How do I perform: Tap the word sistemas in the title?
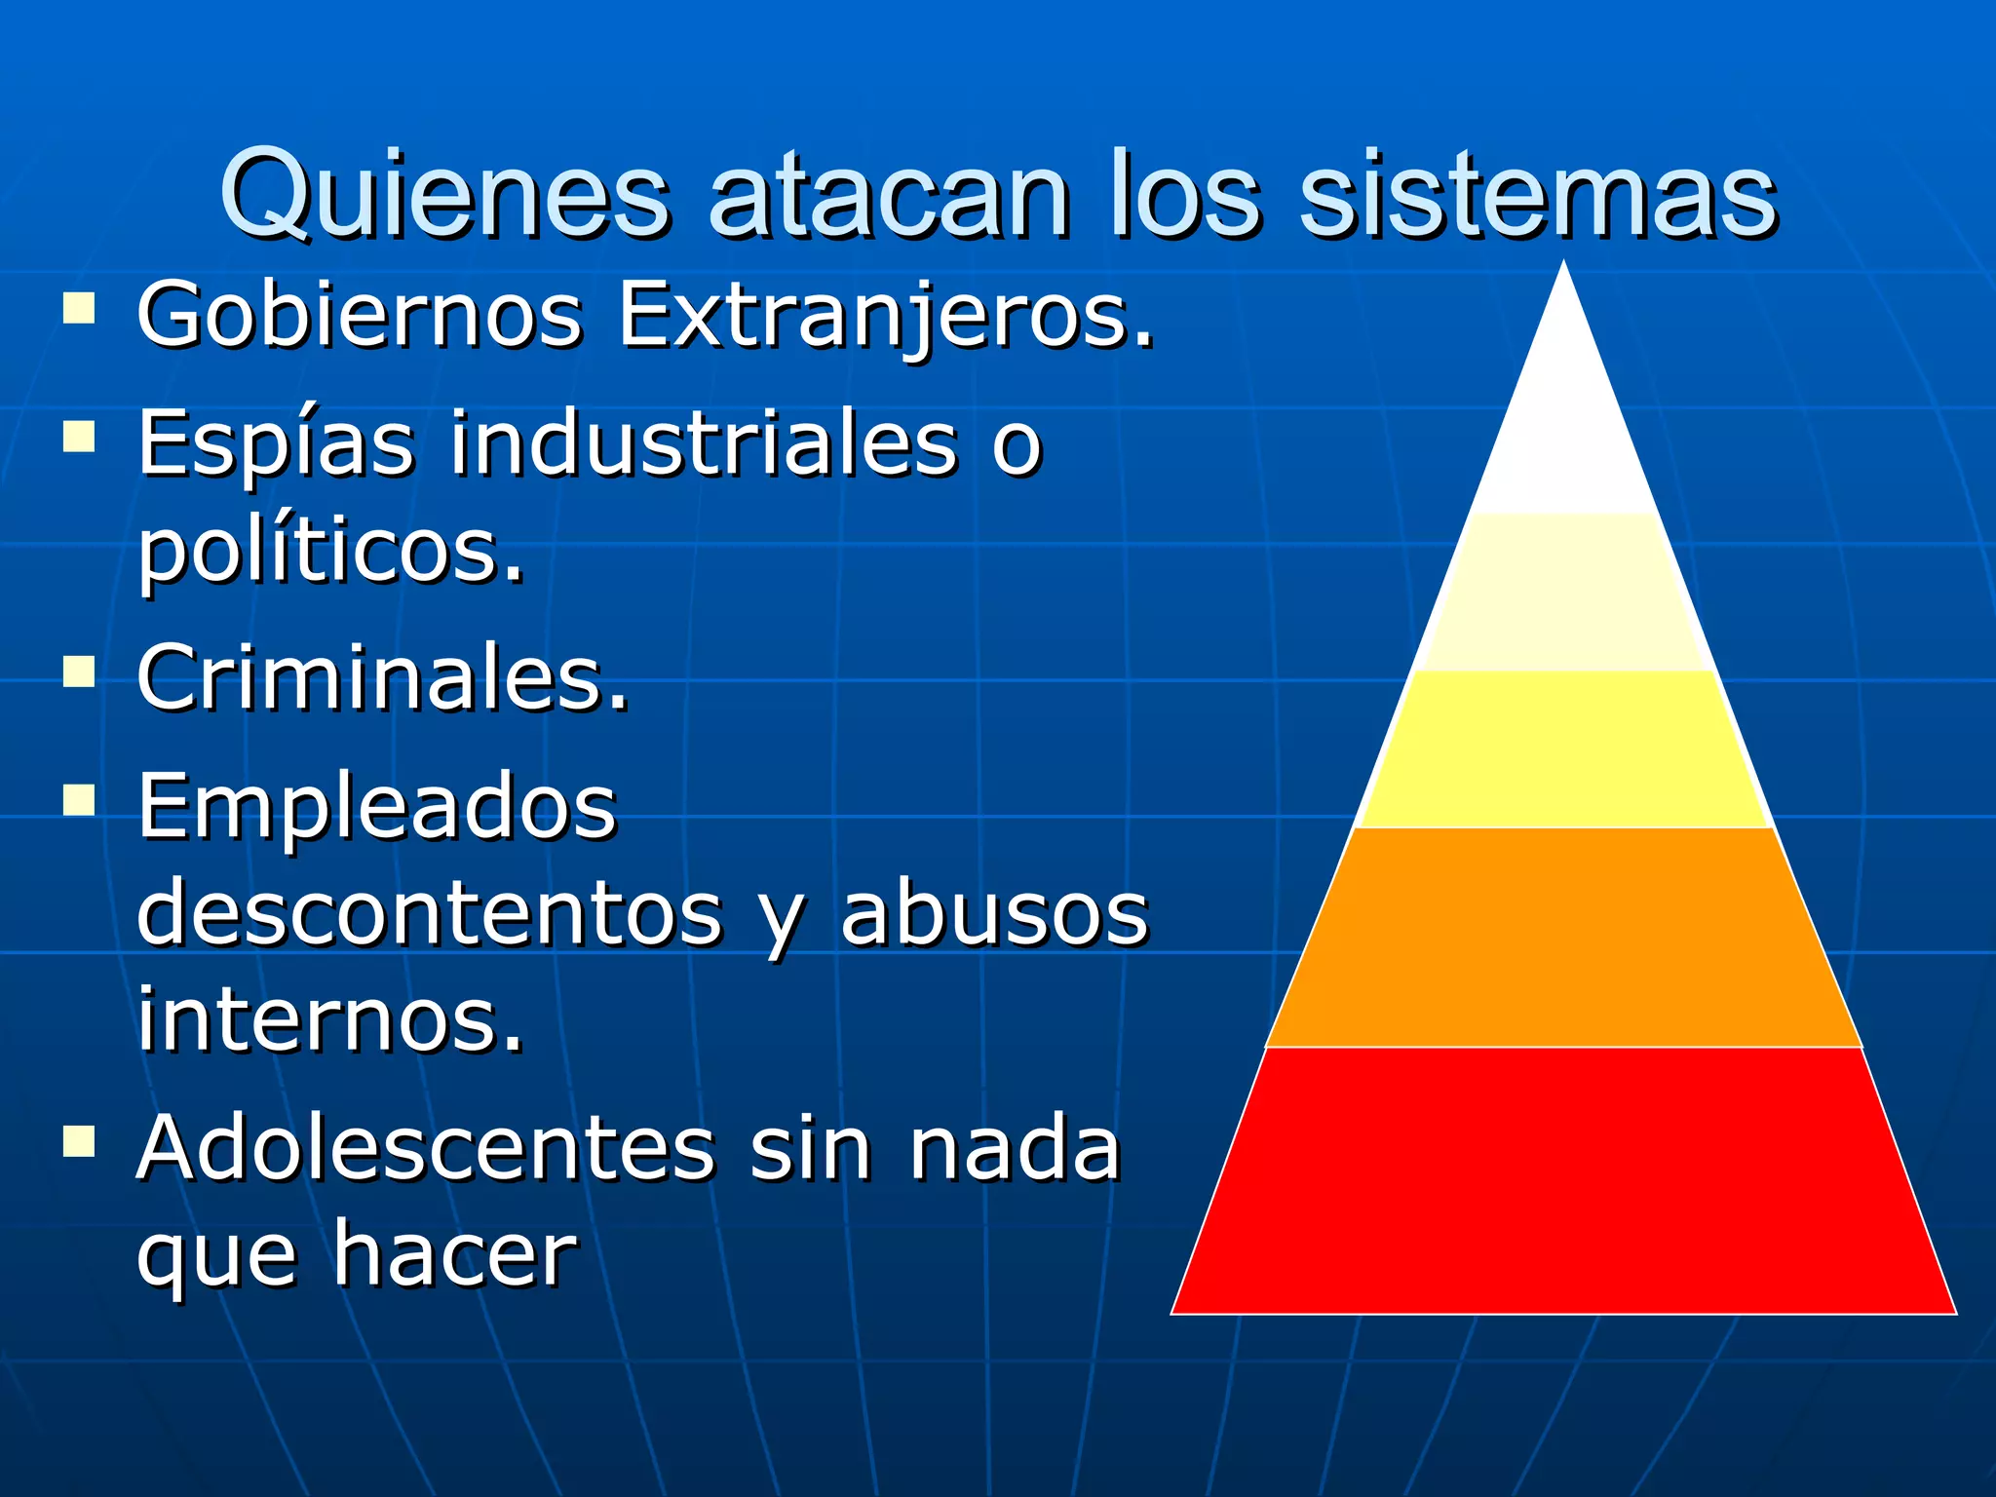pyautogui.click(x=1539, y=194)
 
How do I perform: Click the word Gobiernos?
pyautogui.click(x=360, y=315)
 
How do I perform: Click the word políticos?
pyautogui.click(x=330, y=551)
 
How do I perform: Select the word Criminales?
pyautogui.click(x=383, y=677)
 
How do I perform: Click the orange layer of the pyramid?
pyautogui.click(x=1563, y=937)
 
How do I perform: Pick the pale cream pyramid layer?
pyautogui.click(x=1563, y=592)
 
